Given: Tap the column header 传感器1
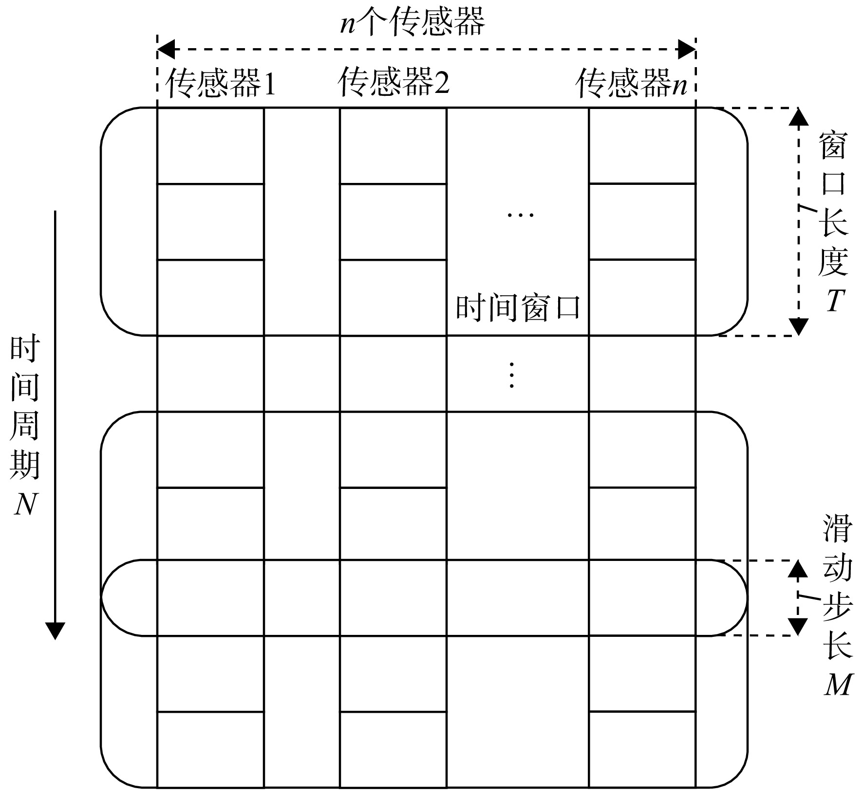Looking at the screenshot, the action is [221, 83].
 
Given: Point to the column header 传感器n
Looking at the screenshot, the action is [632, 83].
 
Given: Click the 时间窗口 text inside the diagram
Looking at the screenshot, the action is [518, 307].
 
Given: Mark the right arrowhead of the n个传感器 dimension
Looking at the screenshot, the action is [687, 49].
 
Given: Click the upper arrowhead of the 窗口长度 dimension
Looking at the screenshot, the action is [798, 117].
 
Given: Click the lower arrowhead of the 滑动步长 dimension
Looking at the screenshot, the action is [797, 627].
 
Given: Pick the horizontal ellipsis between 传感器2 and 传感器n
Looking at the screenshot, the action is [521, 215].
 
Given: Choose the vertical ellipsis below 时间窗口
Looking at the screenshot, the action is [512, 375].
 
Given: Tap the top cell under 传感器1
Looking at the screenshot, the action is [210, 146].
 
